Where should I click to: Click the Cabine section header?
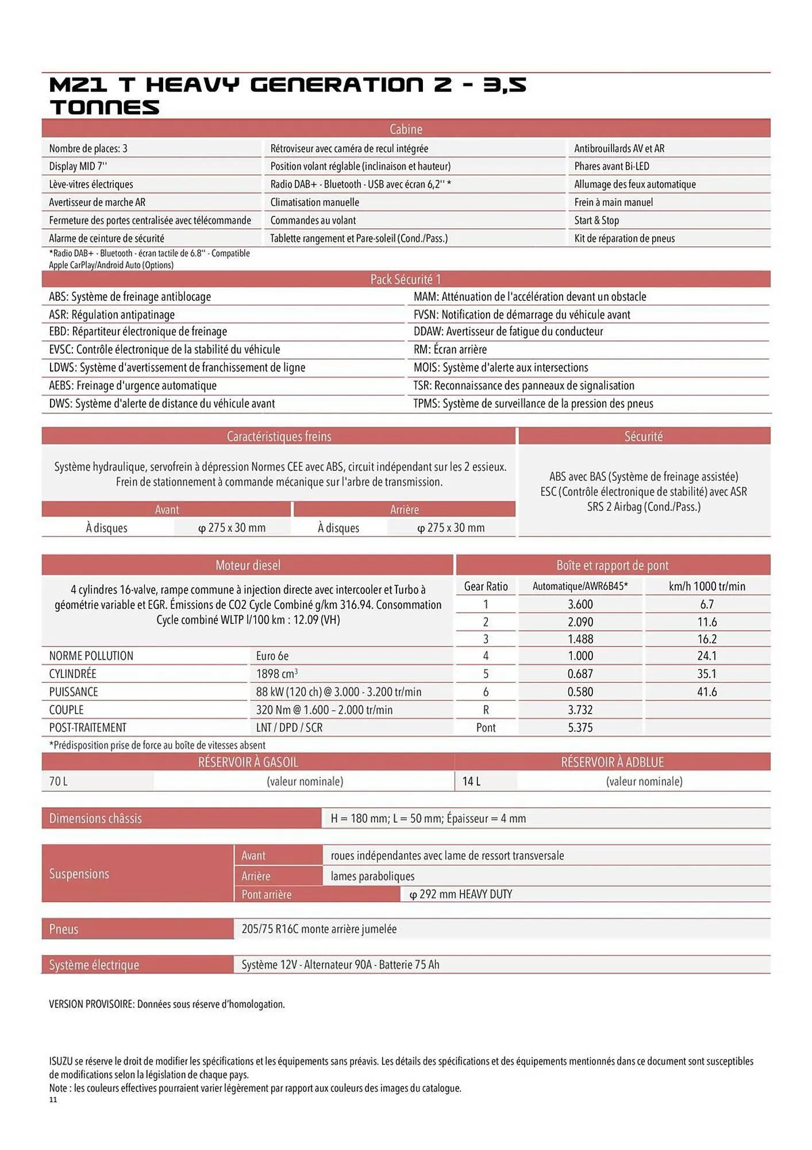(406, 129)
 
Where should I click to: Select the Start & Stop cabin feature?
(597, 220)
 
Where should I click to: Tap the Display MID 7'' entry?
(78, 166)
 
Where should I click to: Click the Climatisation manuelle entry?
(314, 202)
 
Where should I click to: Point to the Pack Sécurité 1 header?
(406, 279)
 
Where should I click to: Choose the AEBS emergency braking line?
(133, 385)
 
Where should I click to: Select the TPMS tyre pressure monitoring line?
(533, 404)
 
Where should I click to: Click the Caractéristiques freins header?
(279, 436)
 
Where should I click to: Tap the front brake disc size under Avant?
(232, 528)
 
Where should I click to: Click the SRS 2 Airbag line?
(644, 507)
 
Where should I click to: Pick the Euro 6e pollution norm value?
(272, 655)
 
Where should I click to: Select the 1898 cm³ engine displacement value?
(277, 674)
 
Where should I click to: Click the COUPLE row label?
(66, 710)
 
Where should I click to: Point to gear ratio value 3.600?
(580, 604)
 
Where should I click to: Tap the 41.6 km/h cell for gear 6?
(707, 692)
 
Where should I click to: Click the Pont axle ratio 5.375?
(580, 727)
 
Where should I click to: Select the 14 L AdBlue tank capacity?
(471, 781)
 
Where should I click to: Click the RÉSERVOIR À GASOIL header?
(248, 762)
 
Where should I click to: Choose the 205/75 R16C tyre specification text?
(319, 929)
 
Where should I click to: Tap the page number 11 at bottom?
(53, 1100)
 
